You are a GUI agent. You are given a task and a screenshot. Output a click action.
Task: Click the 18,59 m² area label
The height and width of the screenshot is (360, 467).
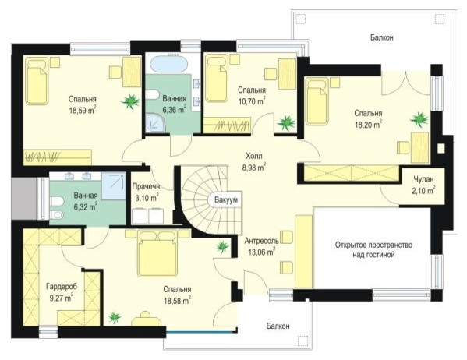tap(83, 110)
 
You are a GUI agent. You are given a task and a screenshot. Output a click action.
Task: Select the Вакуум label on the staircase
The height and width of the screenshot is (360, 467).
tap(226, 200)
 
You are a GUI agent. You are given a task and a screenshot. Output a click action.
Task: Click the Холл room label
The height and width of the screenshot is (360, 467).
tap(254, 156)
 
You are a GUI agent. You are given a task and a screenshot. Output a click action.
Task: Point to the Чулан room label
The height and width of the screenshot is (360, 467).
tap(423, 179)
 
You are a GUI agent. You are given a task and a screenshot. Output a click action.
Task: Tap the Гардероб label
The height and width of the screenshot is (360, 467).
tap(62, 287)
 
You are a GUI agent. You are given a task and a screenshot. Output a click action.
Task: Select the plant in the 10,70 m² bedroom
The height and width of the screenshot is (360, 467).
tap(286, 122)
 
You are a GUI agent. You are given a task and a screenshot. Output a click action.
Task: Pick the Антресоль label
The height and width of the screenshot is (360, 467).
tap(261, 241)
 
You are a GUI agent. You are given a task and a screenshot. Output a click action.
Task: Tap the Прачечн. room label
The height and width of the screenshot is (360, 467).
tap(147, 187)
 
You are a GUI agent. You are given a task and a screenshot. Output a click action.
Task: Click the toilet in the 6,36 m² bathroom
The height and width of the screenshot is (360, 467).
tap(153, 95)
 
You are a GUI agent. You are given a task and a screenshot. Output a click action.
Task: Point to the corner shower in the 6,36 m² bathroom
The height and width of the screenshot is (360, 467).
tap(155, 124)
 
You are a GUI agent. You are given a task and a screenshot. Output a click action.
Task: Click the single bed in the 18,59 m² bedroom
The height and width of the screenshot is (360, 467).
tap(37, 81)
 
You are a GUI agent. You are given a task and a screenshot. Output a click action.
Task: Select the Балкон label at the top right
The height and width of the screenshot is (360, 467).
tap(382, 37)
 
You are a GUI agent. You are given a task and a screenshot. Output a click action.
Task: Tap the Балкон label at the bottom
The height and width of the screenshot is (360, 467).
tap(278, 326)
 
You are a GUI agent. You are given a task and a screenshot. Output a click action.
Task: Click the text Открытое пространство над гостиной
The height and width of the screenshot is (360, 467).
tap(373, 250)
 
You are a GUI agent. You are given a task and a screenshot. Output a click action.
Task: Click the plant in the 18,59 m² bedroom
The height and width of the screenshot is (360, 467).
tap(130, 101)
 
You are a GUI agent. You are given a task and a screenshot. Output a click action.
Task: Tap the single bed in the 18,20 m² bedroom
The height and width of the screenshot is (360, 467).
tap(318, 101)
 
